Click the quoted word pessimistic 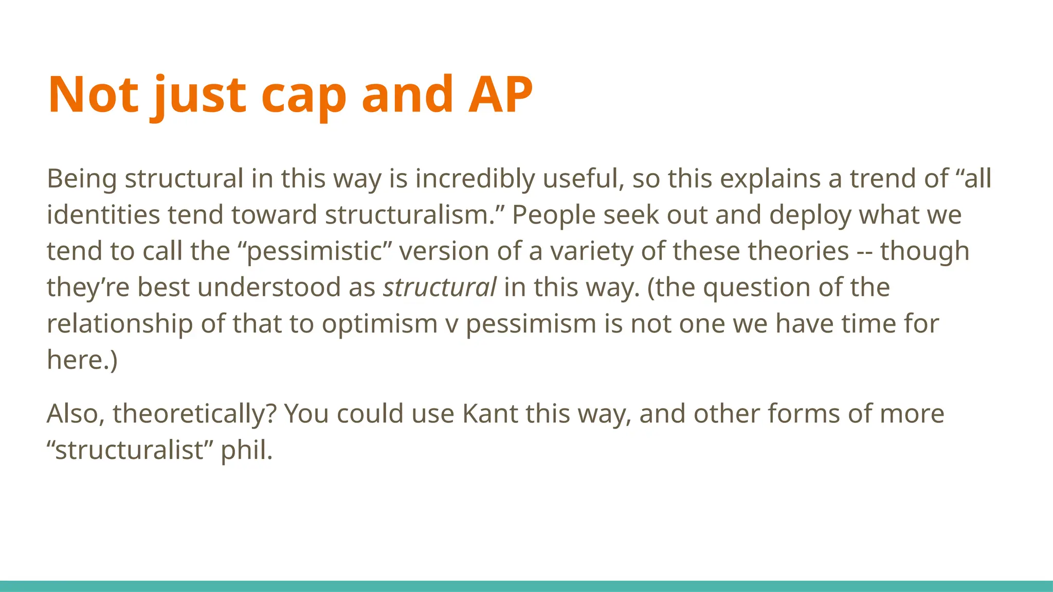[314, 251]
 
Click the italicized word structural [440, 287]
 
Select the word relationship [120, 324]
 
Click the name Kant [489, 414]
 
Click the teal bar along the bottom [526, 586]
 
